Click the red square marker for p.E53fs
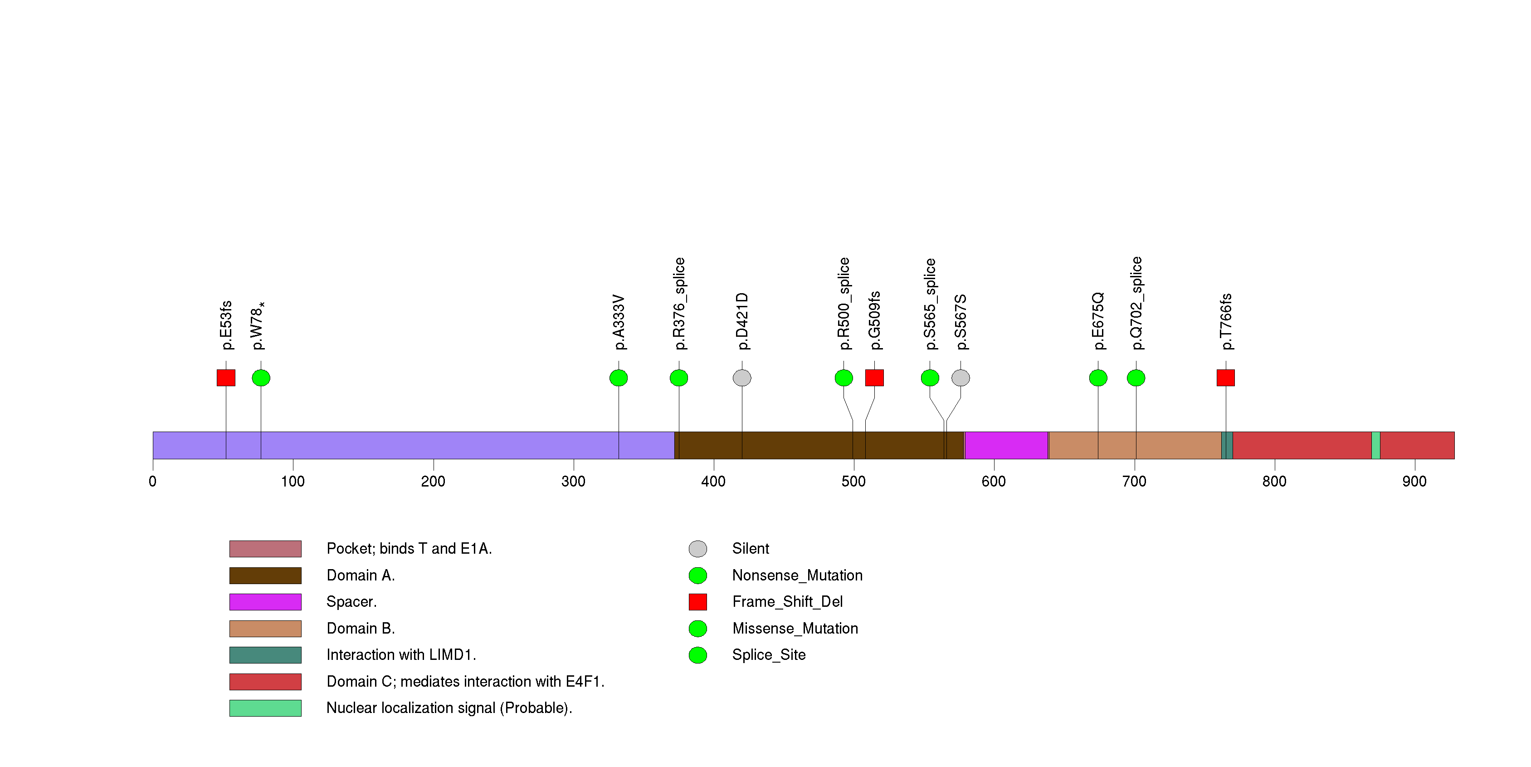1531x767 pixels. click(226, 378)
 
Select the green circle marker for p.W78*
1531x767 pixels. click(261, 378)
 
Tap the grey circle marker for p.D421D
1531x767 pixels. click(742, 378)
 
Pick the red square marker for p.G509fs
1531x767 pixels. click(874, 378)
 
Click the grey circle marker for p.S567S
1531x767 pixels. click(961, 378)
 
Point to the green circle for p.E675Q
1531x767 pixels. click(1098, 378)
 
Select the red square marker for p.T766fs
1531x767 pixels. click(1225, 378)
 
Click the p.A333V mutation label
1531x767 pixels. click(619, 322)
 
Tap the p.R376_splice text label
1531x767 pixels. click(679, 304)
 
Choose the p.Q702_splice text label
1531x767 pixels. click(1136, 303)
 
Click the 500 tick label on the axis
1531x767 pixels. click(853, 482)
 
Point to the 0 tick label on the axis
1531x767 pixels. click(153, 482)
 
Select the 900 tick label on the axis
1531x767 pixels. click(1414, 482)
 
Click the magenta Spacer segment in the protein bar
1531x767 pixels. click(1006, 445)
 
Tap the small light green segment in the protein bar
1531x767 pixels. click(1375, 445)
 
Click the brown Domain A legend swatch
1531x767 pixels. click(265, 575)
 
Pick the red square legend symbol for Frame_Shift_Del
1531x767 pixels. click(698, 602)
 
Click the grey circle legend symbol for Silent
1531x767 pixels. click(698, 549)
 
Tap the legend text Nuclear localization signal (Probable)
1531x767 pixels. click(449, 708)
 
